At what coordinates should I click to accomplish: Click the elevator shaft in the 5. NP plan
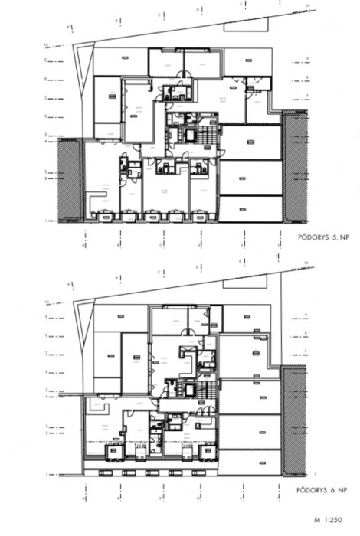point(186,135)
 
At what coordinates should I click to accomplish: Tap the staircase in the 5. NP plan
point(208,138)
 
